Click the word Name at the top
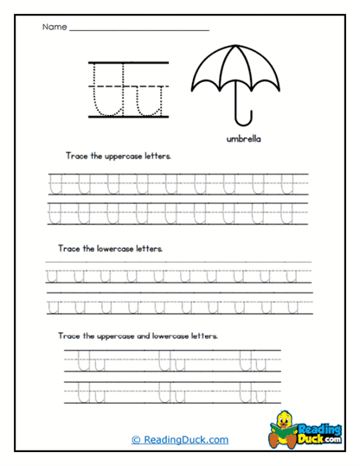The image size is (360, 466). tap(53, 28)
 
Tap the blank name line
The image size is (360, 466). tap(138, 30)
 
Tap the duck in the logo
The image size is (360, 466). tap(285, 425)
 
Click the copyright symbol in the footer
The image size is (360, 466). tap(135, 439)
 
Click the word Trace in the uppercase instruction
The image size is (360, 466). tap(75, 157)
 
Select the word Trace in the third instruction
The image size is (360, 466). tap(70, 335)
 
